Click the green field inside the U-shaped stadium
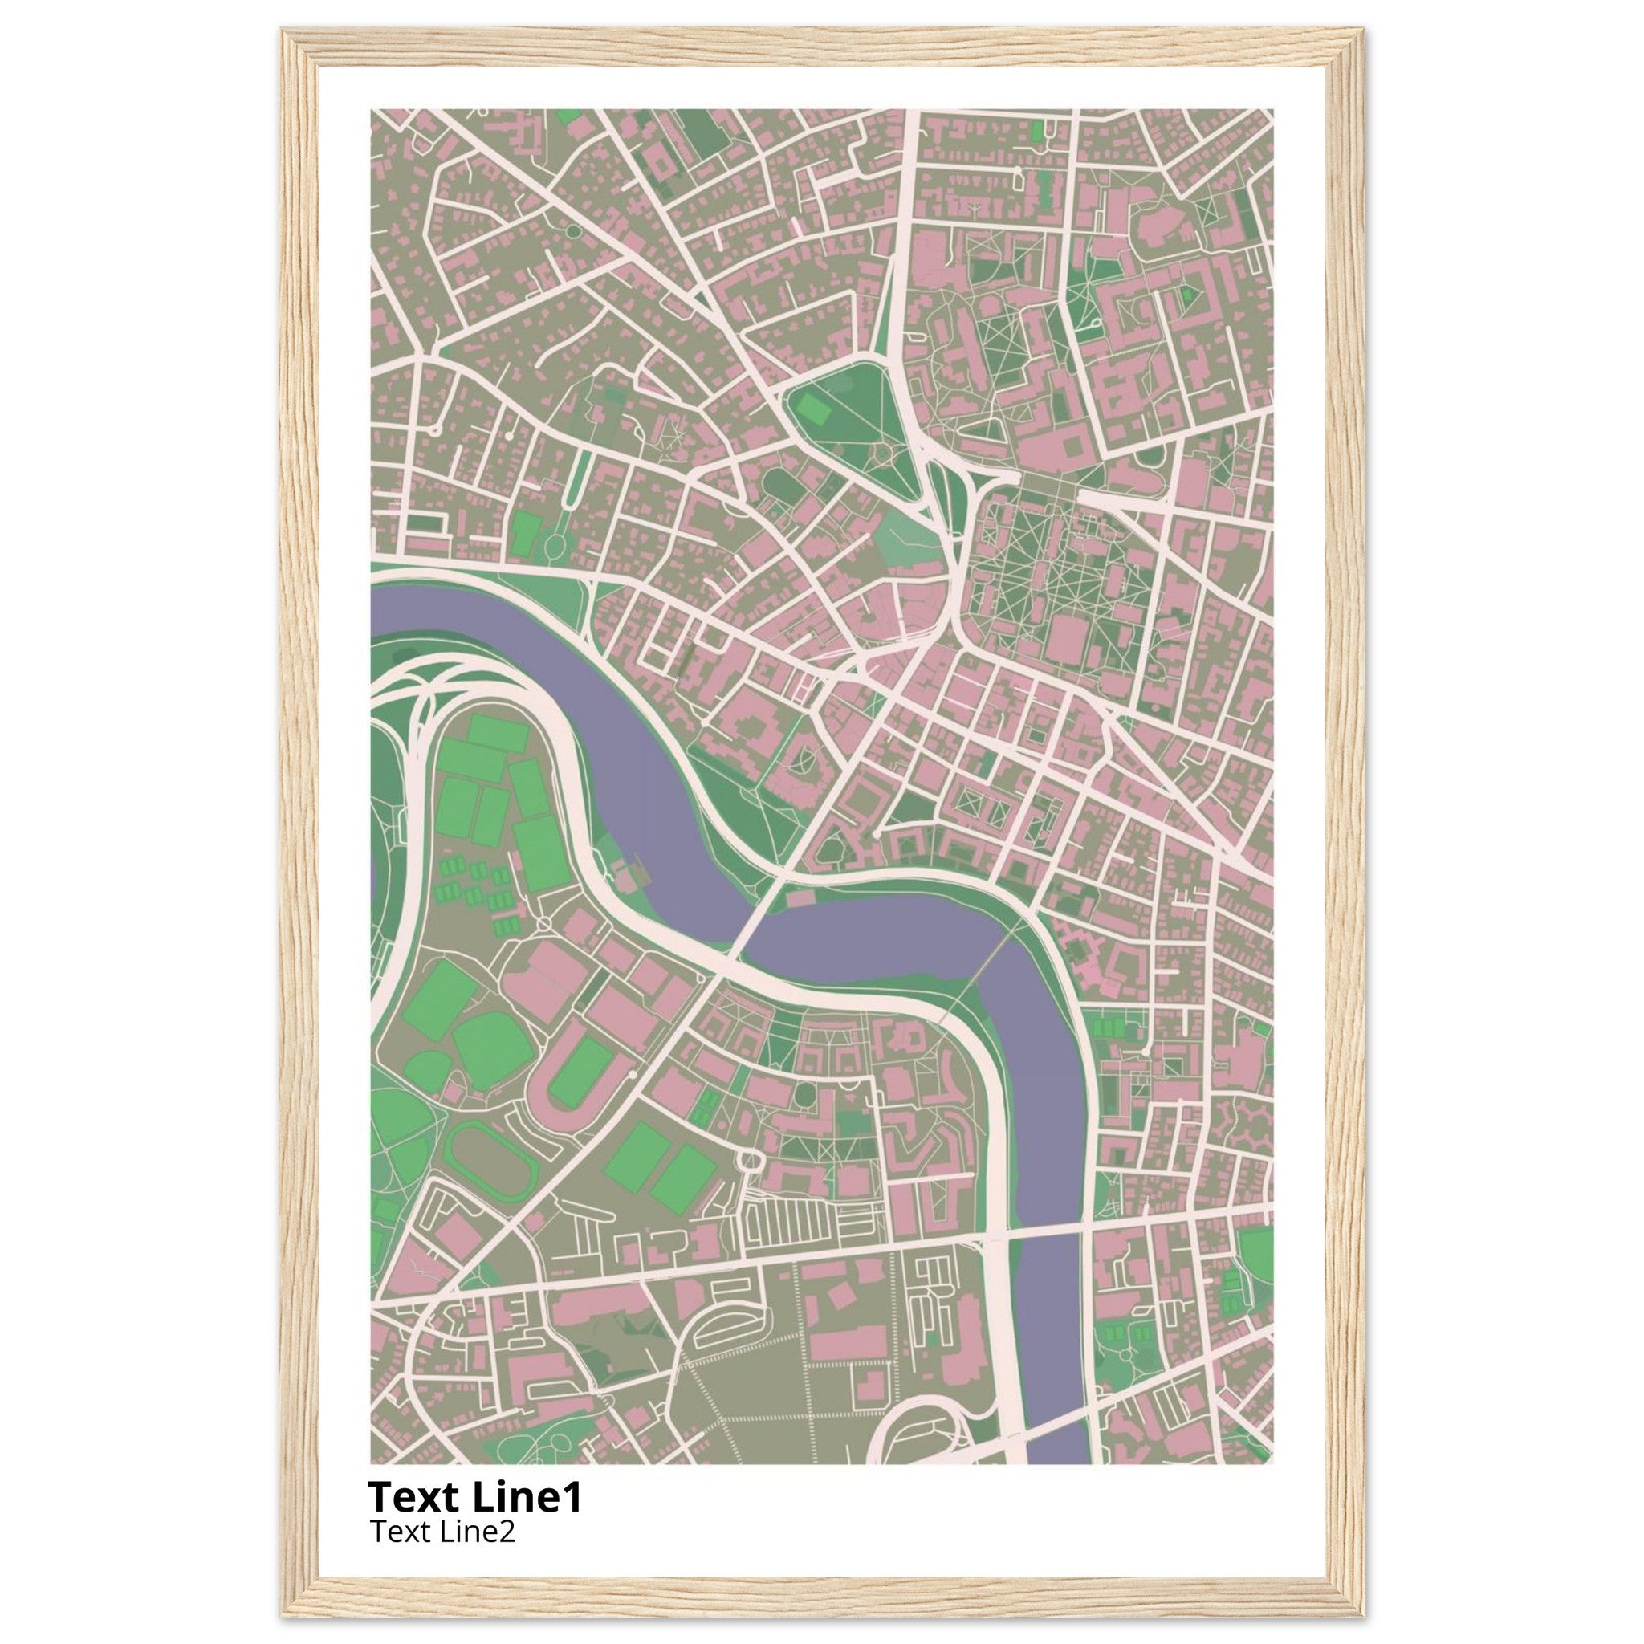pyautogui.click(x=580, y=1074)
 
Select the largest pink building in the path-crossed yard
pyautogui.click(x=1066, y=639)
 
